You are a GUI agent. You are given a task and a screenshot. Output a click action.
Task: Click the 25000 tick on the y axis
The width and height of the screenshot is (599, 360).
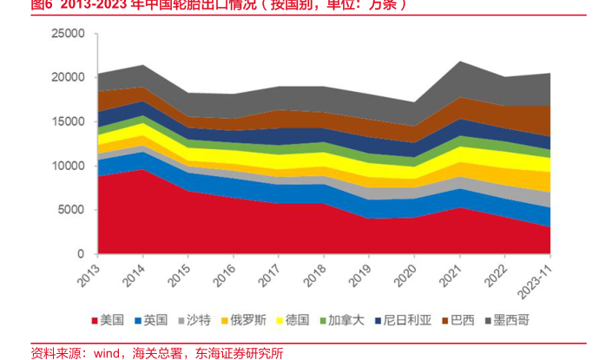(68, 34)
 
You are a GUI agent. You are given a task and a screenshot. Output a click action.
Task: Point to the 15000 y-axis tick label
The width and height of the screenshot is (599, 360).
(68, 122)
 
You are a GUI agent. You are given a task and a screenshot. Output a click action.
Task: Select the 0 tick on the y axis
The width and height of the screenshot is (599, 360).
(80, 254)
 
